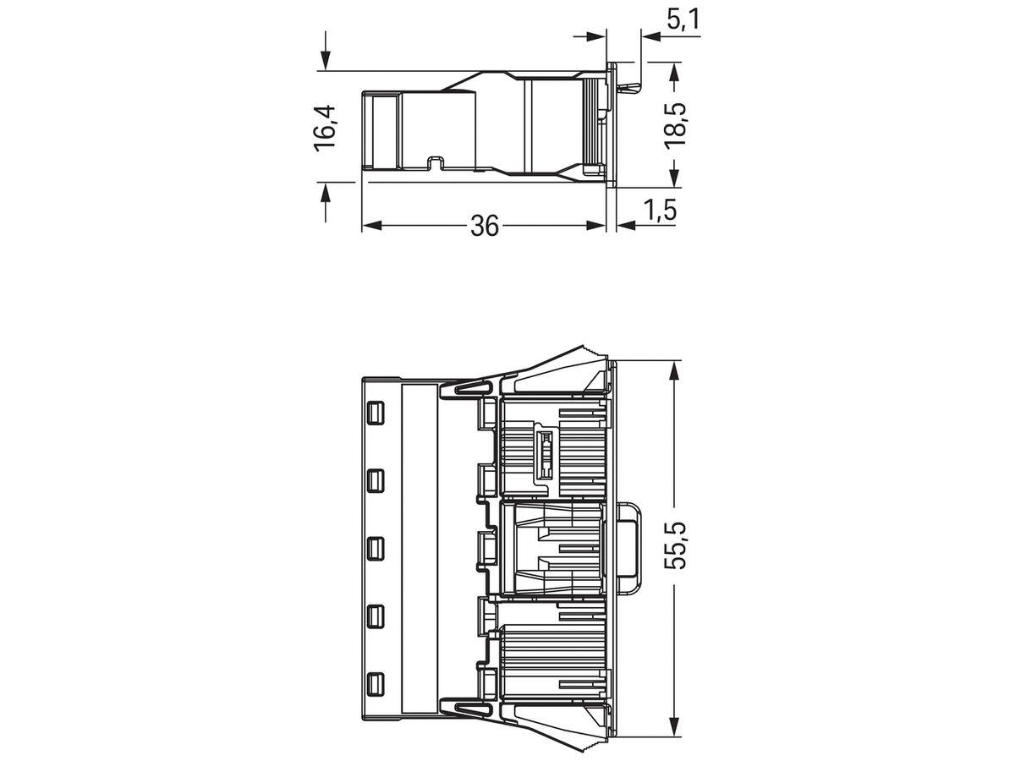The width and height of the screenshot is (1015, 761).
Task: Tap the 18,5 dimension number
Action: coord(676,126)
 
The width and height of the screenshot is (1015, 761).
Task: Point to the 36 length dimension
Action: coord(485,226)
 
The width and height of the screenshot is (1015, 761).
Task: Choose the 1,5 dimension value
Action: coord(660,210)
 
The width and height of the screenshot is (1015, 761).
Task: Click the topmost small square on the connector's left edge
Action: coord(376,413)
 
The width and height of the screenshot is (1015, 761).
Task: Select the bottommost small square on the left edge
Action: coord(376,685)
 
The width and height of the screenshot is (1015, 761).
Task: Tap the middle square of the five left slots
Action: coord(376,549)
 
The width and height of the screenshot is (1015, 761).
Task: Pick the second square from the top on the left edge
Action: coord(376,481)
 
